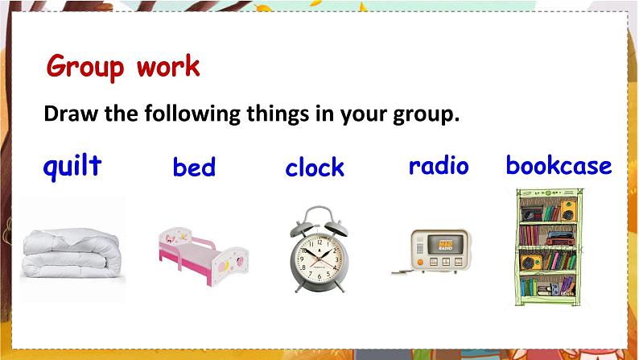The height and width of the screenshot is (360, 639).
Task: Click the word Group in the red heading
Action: [85, 67]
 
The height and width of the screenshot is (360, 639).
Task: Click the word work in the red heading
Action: [168, 66]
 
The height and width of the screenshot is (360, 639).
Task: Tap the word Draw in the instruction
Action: [71, 114]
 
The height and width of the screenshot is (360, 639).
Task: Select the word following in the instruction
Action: [192, 114]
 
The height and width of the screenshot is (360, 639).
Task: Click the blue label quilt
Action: [72, 167]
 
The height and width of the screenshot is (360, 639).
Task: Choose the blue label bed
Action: [194, 168]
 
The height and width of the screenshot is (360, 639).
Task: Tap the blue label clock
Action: [315, 168]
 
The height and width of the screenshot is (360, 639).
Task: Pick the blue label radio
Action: [439, 166]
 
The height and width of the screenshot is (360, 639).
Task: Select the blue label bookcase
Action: [559, 165]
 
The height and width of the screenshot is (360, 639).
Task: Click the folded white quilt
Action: [72, 253]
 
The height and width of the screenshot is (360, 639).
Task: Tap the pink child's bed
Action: [204, 256]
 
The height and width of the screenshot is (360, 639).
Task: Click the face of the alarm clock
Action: [319, 259]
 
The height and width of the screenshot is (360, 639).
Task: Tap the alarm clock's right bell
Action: [336, 227]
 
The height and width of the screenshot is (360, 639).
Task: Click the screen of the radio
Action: [446, 244]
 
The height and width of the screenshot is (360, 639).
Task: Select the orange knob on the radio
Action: [420, 262]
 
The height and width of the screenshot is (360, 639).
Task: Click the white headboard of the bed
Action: [175, 238]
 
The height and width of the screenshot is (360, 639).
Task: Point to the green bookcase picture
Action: [549, 247]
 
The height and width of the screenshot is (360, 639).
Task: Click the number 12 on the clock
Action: [319, 242]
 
